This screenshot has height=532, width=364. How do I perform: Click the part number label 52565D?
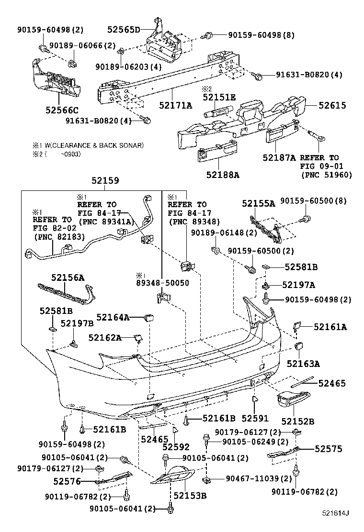coord(123,30)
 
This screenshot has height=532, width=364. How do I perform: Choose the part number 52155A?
coord(258,203)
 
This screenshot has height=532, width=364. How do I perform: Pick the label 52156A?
coord(68,277)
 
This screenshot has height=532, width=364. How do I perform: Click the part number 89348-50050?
coord(162,283)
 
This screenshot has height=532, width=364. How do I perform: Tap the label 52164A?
coord(113,317)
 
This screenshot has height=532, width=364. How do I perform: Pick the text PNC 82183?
coord(59,236)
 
